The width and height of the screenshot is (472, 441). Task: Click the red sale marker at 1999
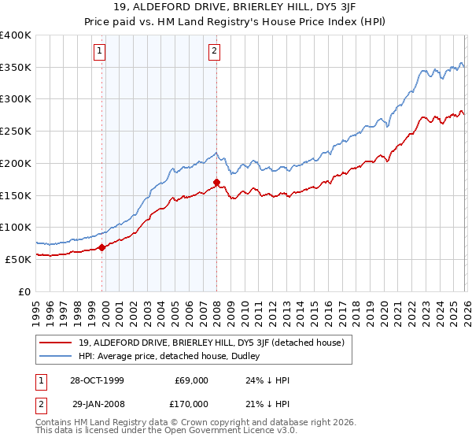tap(102, 247)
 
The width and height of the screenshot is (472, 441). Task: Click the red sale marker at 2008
tap(216, 183)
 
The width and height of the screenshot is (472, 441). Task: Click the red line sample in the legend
tap(57, 343)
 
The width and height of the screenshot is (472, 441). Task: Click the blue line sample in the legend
tap(57, 356)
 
